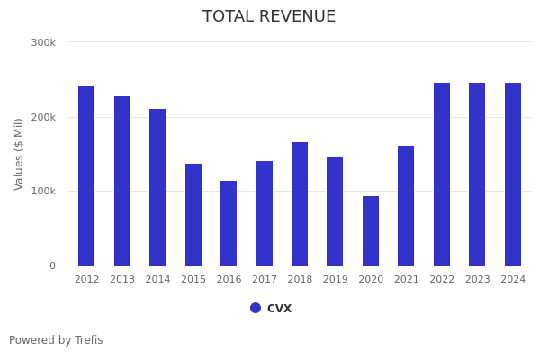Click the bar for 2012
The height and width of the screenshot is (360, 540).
86,176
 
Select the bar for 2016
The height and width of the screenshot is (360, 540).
229,223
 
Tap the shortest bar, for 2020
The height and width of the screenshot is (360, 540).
371,231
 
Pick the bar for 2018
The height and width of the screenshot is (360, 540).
300,204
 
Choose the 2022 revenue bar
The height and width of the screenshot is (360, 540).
442,175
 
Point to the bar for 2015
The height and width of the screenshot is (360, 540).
193,215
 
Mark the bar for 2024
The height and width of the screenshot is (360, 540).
513,175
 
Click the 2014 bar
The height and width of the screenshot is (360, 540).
157,187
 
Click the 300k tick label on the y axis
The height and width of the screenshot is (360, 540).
43,42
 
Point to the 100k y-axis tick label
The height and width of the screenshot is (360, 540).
43,192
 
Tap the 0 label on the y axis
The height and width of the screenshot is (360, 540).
52,266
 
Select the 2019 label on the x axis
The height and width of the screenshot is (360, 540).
335,280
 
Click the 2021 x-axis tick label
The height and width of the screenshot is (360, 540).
406,280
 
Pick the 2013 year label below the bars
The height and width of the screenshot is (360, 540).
122,280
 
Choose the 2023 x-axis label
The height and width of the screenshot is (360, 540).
477,280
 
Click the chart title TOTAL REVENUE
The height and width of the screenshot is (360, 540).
269,17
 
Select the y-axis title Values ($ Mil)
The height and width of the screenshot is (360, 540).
19,154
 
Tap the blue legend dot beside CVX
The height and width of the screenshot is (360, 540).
256,308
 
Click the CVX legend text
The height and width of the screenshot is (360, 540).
279,309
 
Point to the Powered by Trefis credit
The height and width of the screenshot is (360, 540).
56,341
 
